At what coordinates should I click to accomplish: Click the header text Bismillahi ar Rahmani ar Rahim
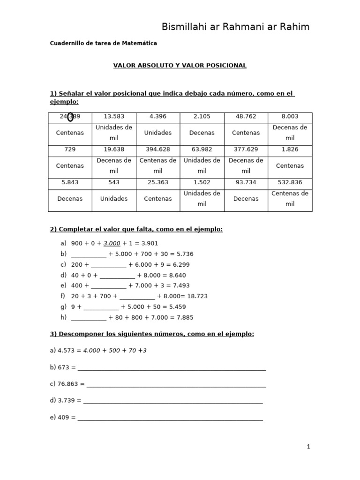coord(235,27)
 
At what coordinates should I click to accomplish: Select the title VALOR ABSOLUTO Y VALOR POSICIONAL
coord(180,65)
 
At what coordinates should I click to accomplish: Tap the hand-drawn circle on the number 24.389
coord(70,117)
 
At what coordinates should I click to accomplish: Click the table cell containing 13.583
coord(114,116)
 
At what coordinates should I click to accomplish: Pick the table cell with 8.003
coord(290,116)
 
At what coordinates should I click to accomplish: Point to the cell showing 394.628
coord(158,149)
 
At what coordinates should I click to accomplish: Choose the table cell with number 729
coord(70,149)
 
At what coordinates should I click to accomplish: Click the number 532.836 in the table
coord(290,182)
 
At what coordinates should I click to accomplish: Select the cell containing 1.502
coord(202,182)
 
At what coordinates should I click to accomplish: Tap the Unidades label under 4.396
coord(158,133)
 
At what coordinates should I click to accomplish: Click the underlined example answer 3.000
coord(112,243)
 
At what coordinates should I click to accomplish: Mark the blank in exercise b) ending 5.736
coord(89,254)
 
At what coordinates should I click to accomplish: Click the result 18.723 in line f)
coord(197,296)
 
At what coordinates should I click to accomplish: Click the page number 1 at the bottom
coord(308,447)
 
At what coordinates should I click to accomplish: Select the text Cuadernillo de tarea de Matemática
coord(103,43)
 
